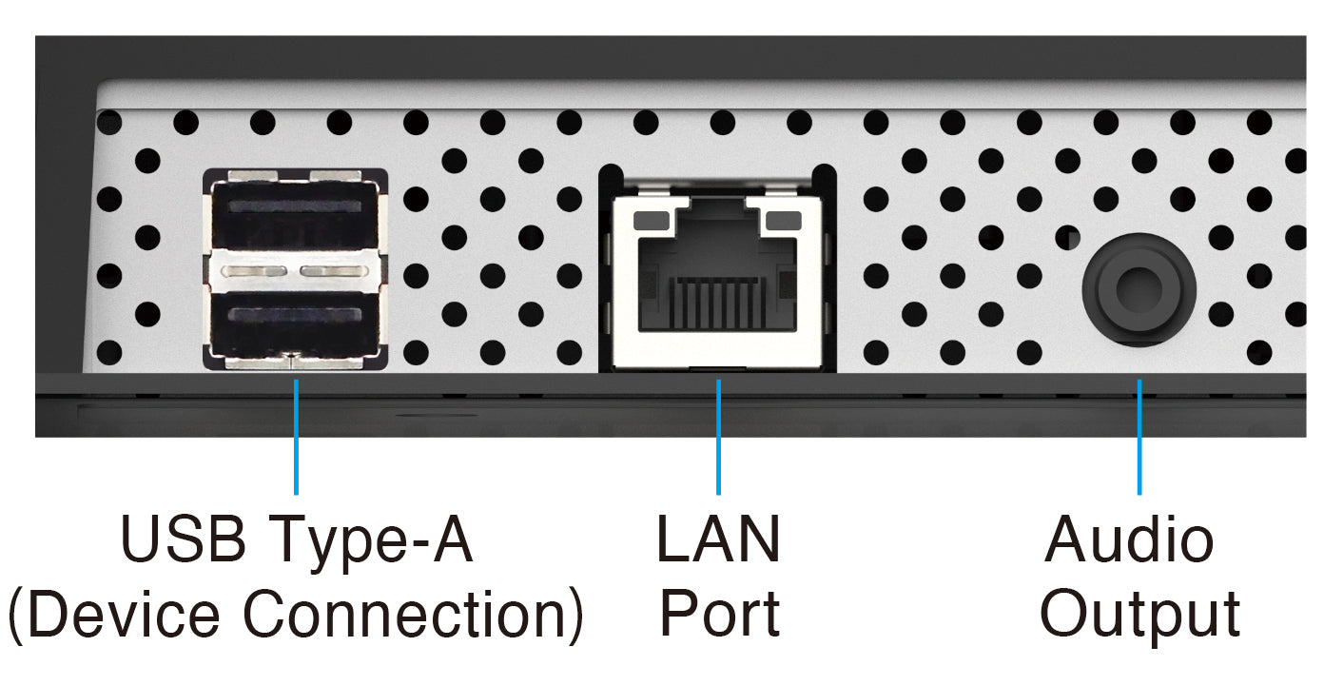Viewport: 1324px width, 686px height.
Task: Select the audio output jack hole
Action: pos(1139,288)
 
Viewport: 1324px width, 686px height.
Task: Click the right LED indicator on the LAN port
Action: pos(782,221)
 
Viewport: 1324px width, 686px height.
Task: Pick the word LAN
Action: pos(718,539)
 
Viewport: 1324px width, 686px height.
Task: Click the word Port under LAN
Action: pos(720,615)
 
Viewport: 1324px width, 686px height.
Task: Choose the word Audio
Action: pos(1129,539)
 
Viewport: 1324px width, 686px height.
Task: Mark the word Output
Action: pos(1139,615)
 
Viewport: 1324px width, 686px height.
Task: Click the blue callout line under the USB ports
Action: pos(296,438)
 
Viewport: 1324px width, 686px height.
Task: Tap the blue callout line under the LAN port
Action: pos(719,438)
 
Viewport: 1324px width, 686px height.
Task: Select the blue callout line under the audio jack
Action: pos(1139,438)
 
